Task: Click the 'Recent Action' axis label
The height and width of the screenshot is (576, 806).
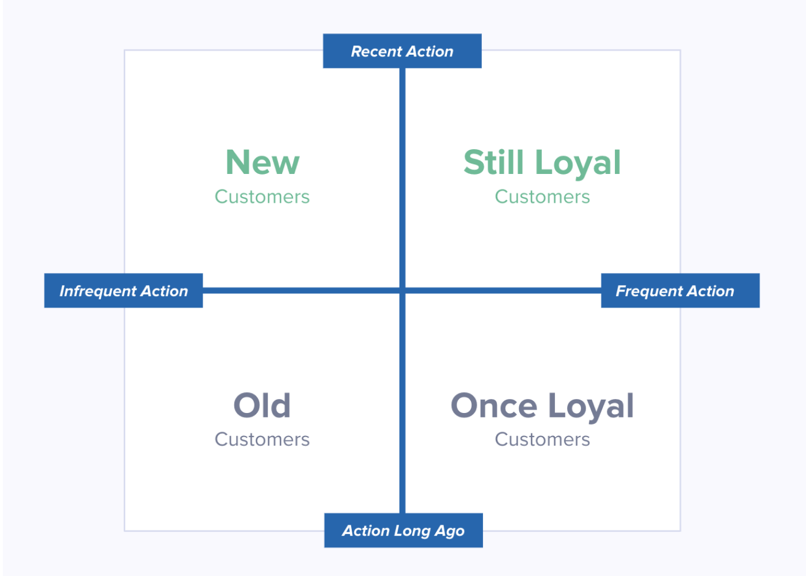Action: [x=402, y=51]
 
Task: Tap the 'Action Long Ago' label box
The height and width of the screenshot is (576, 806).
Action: [x=403, y=530]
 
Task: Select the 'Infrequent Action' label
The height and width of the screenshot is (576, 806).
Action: [x=123, y=291]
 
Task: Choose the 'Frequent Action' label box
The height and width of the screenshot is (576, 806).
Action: [x=680, y=291]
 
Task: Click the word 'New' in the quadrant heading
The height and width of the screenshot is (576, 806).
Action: [x=263, y=162]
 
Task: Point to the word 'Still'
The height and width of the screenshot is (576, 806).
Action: [x=493, y=162]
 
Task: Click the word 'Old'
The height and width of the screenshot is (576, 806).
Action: [x=262, y=406]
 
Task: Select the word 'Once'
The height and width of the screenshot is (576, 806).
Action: [x=494, y=406]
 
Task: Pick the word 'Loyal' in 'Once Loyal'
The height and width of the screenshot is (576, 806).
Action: [x=591, y=407]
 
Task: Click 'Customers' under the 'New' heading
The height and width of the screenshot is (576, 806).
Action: [x=262, y=197]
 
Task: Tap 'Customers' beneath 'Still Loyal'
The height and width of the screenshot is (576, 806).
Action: [x=542, y=197]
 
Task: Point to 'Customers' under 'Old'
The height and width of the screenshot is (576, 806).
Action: [x=262, y=439]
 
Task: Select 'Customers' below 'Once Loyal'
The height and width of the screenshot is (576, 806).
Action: [x=542, y=439]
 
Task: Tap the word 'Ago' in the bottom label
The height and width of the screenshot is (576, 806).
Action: [x=450, y=531]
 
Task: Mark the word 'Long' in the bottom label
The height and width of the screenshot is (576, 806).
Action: [x=413, y=531]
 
